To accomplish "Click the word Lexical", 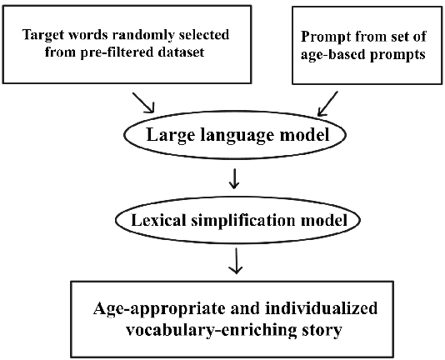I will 157,221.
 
